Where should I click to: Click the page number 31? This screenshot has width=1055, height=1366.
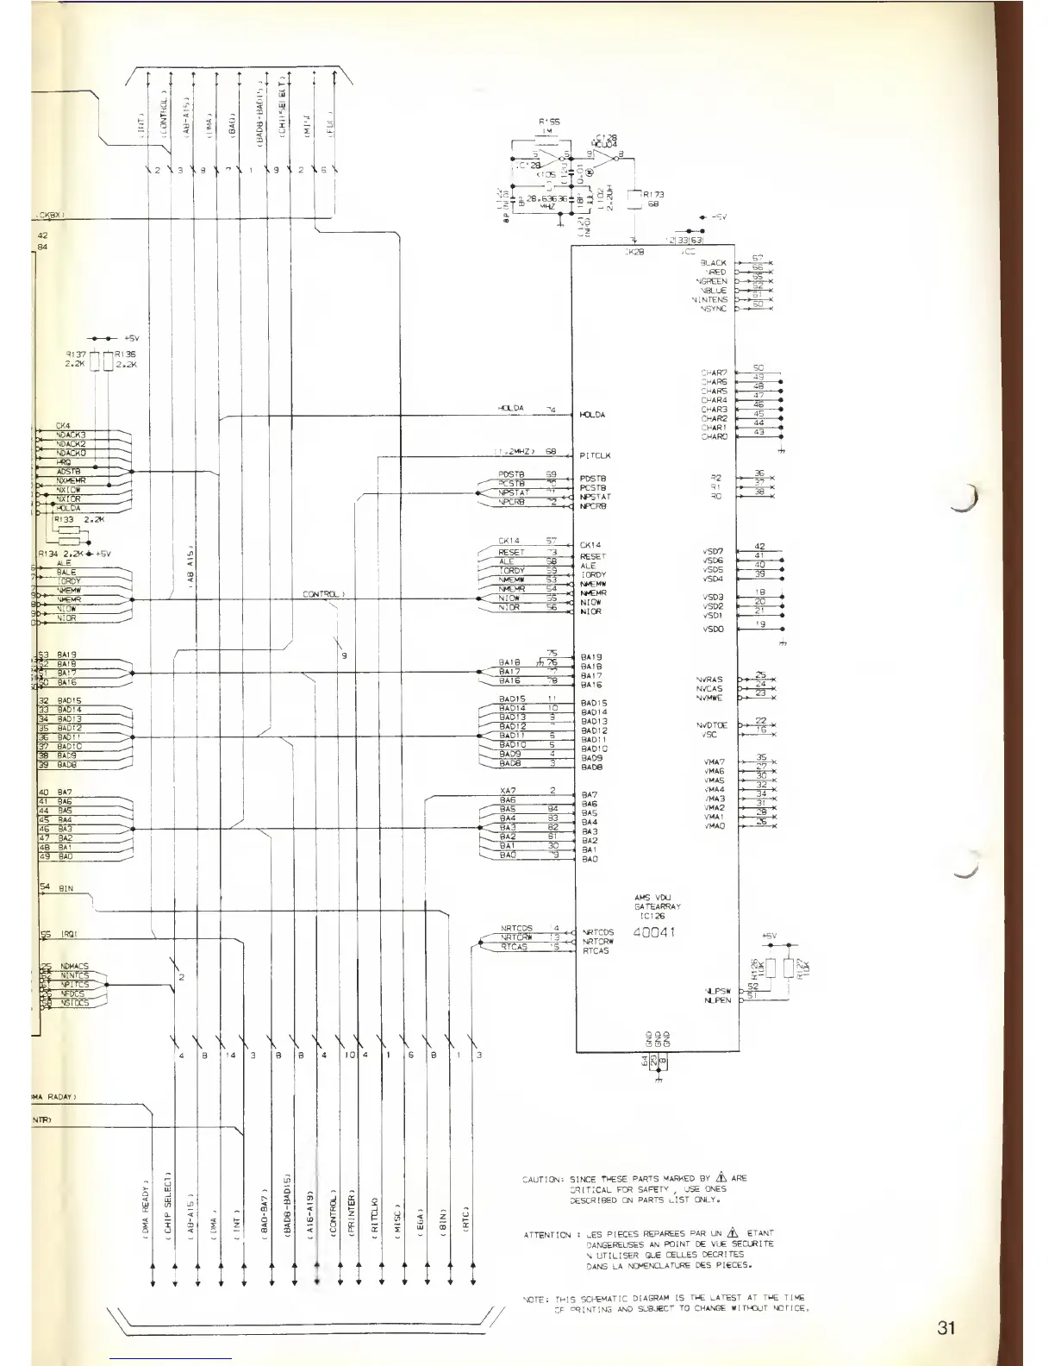click(946, 1327)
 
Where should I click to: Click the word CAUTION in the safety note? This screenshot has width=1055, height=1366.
click(542, 1178)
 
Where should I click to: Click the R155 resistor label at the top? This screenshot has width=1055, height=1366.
click(548, 122)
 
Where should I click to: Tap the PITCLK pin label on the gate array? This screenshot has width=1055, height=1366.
click(596, 455)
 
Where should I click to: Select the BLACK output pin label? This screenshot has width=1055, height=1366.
click(714, 262)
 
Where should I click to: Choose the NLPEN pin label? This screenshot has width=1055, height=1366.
click(717, 1000)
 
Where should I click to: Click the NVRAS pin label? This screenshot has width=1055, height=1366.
click(710, 680)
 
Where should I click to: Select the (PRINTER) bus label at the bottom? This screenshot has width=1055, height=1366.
click(352, 1216)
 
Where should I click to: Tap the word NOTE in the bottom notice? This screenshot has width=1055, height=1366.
click(534, 1298)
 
